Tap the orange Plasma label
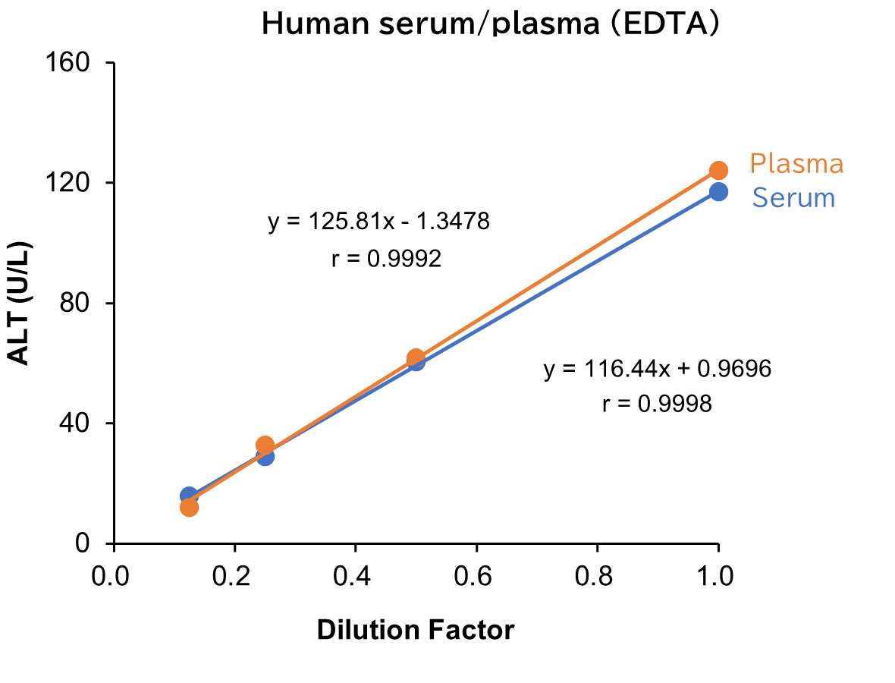796,164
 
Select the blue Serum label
793,198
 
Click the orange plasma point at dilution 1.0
718,170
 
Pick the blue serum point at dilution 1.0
718,191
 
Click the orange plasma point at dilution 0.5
416,357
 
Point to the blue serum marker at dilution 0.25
265,456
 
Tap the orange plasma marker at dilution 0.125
189,507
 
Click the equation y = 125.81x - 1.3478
379,222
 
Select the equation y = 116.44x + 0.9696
657,370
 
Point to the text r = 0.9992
386,260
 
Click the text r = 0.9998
657,404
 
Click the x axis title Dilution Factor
415,630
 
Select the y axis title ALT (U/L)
20,302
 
